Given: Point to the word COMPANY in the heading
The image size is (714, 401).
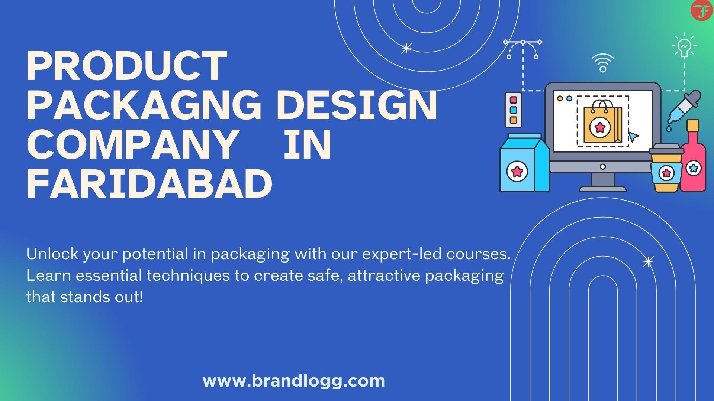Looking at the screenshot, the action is pyautogui.click(x=131, y=145).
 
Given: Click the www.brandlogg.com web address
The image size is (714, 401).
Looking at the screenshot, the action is pyautogui.click(x=294, y=381).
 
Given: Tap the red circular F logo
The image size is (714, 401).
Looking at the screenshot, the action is pyautogui.click(x=701, y=10).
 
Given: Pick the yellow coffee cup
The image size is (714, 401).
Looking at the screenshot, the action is pyautogui.click(x=666, y=168).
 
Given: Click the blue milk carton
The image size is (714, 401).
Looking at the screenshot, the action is pyautogui.click(x=524, y=163).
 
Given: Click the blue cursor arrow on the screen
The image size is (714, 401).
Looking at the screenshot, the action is pyautogui.click(x=633, y=136).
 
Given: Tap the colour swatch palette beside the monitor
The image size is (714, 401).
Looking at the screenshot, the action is pyautogui.click(x=513, y=110).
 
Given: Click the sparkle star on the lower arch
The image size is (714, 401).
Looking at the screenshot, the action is pyautogui.click(x=648, y=262).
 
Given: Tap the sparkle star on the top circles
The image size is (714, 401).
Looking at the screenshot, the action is pyautogui.click(x=406, y=48).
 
